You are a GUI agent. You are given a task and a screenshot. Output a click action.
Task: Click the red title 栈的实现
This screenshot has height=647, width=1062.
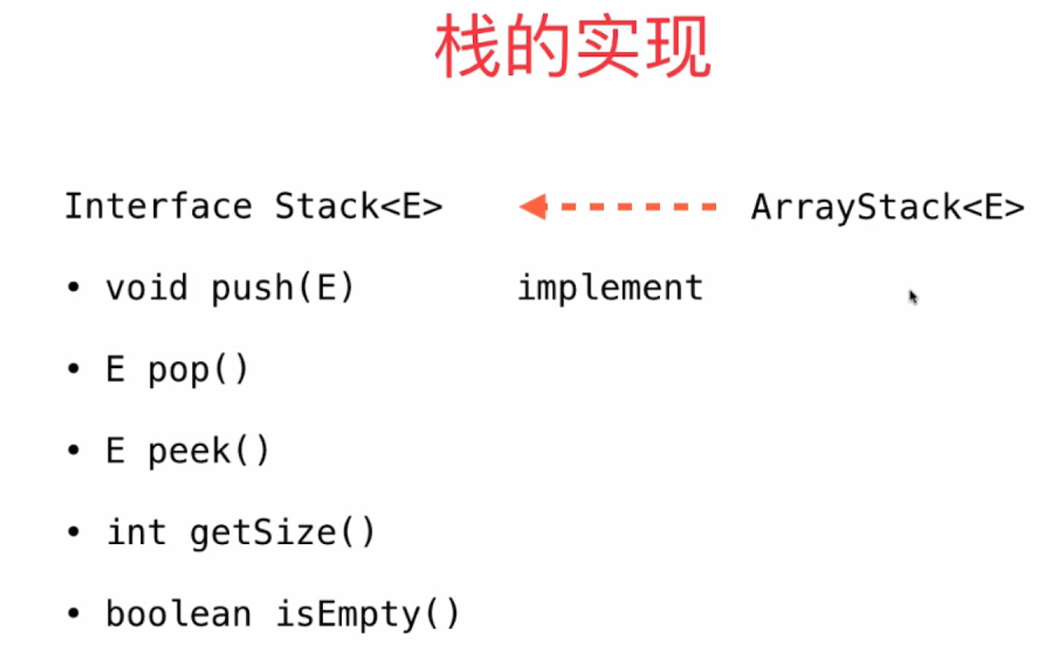(572, 48)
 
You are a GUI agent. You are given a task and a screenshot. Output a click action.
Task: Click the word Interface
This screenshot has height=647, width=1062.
(158, 206)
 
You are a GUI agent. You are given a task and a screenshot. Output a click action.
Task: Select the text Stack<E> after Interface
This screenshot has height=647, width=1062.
(358, 206)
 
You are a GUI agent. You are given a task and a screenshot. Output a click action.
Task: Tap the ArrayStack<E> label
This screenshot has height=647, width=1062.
(888, 207)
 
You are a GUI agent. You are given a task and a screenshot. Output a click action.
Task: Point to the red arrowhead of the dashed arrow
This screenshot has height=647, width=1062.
(534, 207)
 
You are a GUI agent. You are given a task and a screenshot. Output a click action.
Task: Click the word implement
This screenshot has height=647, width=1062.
(610, 288)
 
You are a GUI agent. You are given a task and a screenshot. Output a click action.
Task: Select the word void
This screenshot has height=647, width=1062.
(147, 288)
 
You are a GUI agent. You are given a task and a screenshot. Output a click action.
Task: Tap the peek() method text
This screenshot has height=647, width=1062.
(209, 451)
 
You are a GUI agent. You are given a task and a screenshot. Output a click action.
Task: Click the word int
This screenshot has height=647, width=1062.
(136, 532)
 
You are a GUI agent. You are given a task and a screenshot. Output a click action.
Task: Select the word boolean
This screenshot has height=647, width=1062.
(179, 613)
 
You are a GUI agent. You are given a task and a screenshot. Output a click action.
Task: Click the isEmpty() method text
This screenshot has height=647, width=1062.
(367, 614)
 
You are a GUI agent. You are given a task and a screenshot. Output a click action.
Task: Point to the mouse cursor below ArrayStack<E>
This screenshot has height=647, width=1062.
(912, 296)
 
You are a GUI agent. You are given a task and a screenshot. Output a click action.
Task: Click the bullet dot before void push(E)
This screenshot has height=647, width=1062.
(73, 287)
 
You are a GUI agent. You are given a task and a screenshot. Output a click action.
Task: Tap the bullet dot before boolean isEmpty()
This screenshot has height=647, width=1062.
(73, 613)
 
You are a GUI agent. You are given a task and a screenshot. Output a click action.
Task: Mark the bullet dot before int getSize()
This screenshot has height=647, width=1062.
(73, 532)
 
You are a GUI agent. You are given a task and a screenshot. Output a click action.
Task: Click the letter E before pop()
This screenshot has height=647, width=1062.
(115, 369)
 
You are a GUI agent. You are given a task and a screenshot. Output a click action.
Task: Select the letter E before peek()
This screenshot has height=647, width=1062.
(115, 451)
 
